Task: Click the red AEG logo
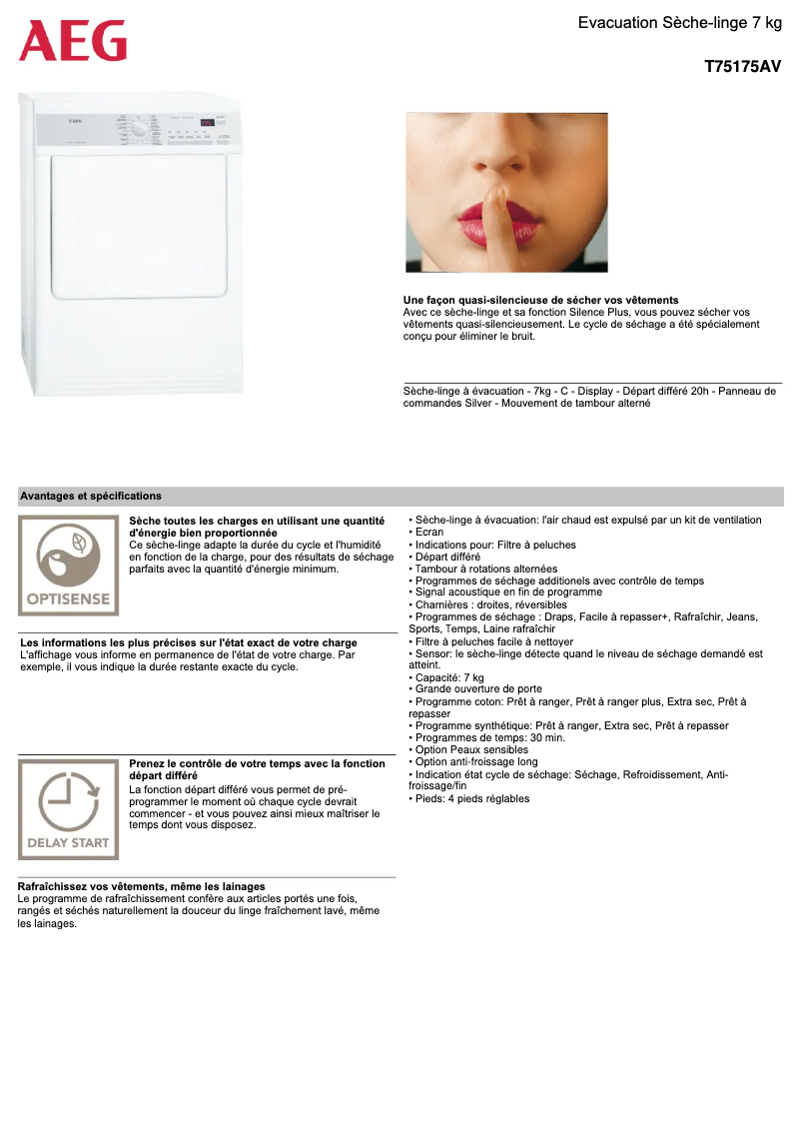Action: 73,41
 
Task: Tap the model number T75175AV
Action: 742,68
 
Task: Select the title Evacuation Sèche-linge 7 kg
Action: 679,22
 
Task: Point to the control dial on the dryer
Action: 139,130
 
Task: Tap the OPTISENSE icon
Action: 68,566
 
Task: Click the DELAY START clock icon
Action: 68,809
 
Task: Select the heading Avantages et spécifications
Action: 91,496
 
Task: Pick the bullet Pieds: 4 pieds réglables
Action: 471,798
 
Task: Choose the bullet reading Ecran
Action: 428,533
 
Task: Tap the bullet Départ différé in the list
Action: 446,557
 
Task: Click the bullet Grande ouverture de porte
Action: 478,689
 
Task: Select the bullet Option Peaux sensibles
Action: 470,749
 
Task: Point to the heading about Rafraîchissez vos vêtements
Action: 142,886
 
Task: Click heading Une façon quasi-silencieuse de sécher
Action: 540,300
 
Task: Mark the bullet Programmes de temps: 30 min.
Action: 475,737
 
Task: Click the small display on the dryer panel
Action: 206,123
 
